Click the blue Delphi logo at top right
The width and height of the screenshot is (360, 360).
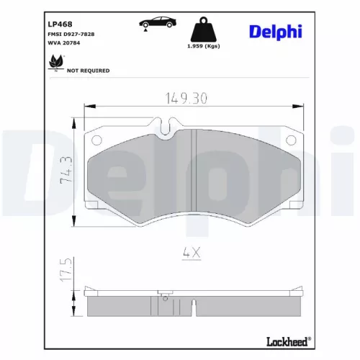point(276,31)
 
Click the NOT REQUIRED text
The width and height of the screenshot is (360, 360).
point(88,71)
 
